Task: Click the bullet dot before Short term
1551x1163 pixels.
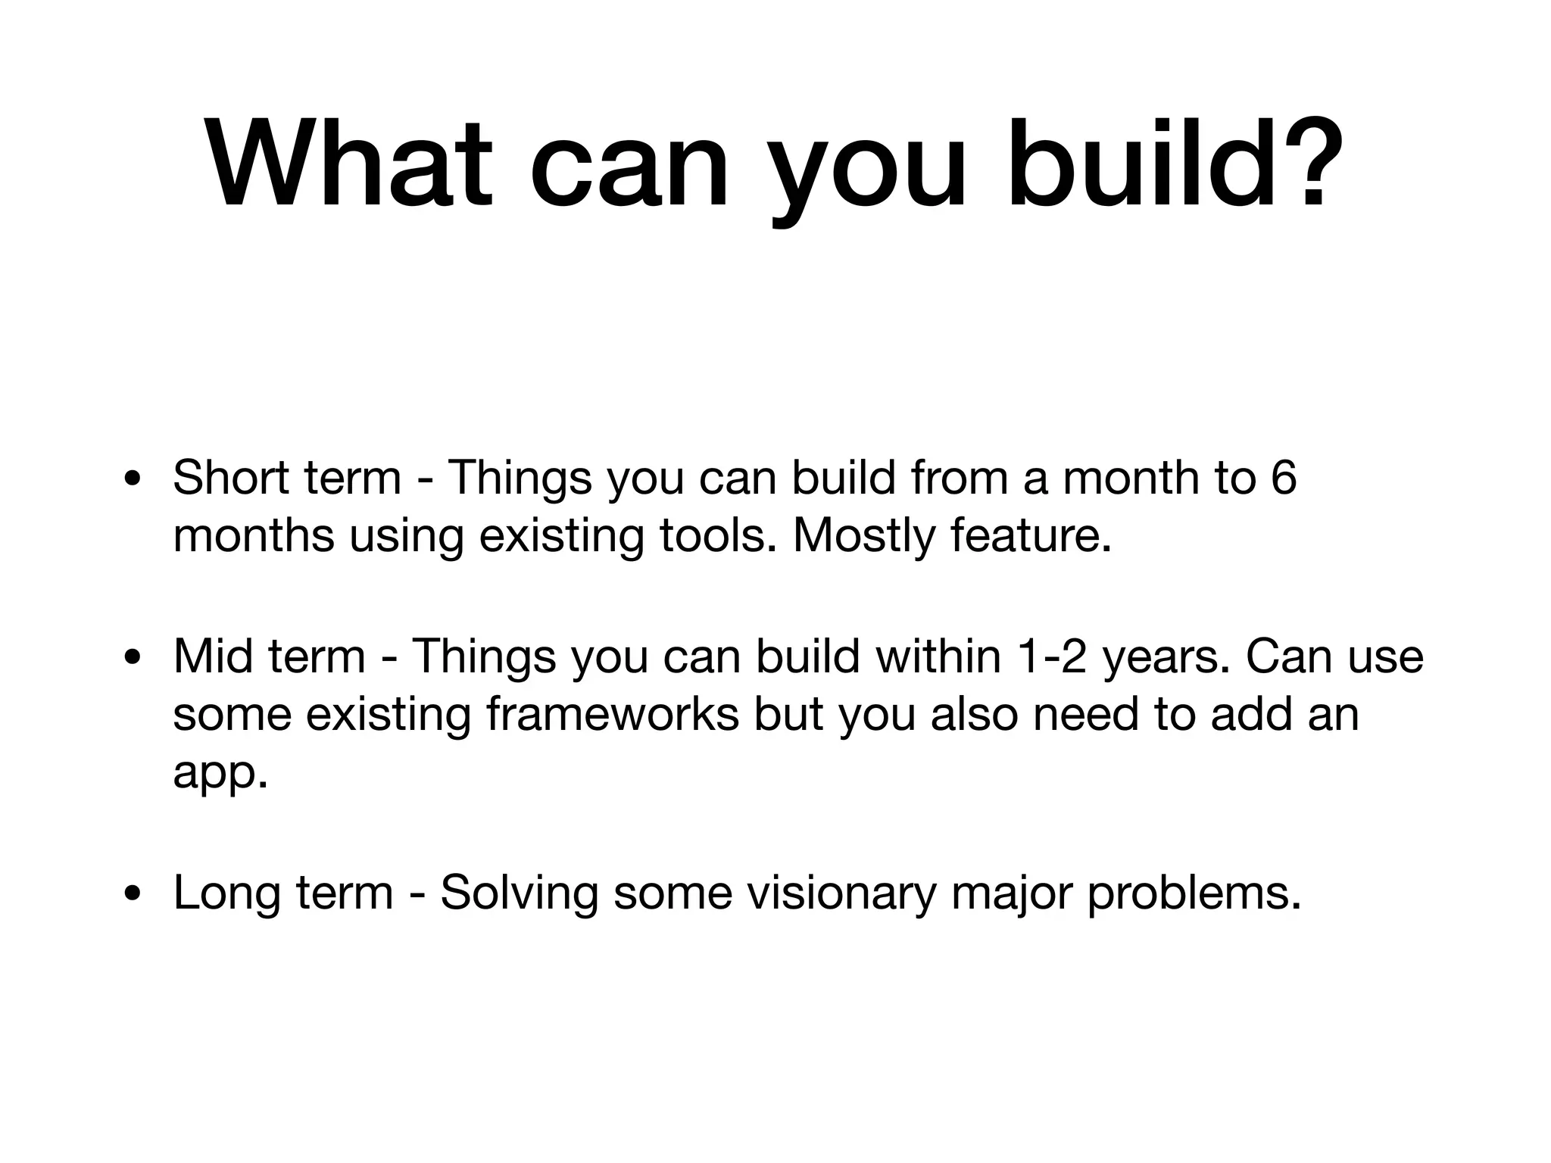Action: click(133, 480)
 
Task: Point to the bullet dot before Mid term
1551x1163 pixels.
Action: click(133, 657)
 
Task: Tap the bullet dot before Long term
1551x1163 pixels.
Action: click(133, 894)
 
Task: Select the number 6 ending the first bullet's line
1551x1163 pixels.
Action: click(1282, 478)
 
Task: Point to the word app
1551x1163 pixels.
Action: click(220, 772)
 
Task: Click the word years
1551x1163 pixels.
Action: click(1167, 656)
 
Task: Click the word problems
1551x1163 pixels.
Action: click(1194, 893)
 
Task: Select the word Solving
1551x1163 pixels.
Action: click(520, 893)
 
